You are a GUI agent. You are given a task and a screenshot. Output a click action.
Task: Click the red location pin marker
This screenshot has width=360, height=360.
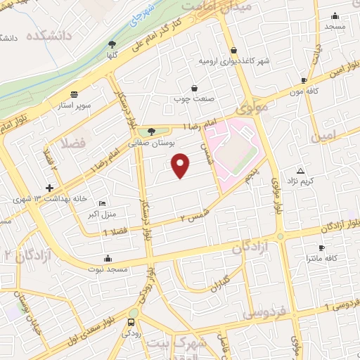tap(181, 165)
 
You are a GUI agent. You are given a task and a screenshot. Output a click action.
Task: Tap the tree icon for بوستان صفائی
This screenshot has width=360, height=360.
tap(150, 131)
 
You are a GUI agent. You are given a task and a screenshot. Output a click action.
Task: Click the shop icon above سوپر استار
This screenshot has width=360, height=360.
tap(74, 94)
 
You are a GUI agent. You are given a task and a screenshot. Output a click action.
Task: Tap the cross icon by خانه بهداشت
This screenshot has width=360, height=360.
tap(49, 188)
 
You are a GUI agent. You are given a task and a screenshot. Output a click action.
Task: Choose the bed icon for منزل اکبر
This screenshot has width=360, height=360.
tap(103, 202)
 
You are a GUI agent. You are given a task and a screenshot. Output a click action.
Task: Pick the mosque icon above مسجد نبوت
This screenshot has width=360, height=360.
tap(106, 257)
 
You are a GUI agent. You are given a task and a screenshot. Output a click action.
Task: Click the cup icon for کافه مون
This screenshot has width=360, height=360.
tap(303, 81)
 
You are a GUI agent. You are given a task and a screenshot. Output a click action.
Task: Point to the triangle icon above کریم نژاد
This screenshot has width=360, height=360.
tap(301, 171)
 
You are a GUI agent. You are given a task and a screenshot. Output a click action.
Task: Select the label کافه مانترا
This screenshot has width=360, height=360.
tap(321, 259)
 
